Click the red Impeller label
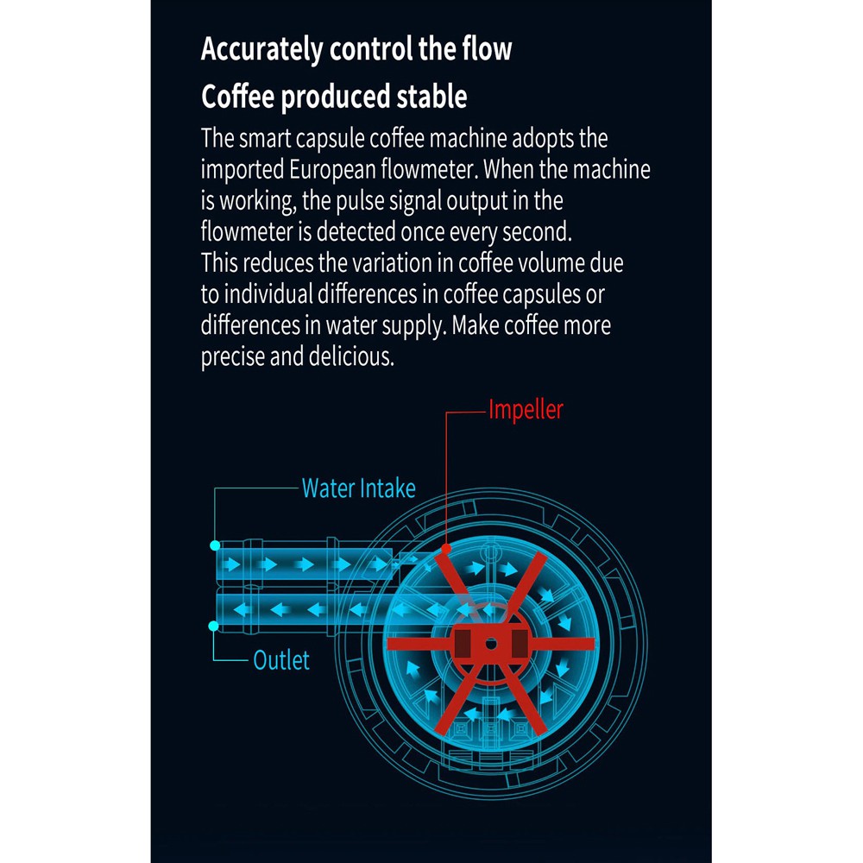pyautogui.click(x=526, y=409)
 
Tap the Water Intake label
pyautogui.click(x=358, y=488)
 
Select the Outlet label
pyautogui.click(x=281, y=661)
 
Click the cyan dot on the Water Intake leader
pyautogui.click(x=215, y=545)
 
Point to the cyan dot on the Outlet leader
pyautogui.click(x=215, y=624)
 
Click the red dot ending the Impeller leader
pyautogui.click(x=445, y=548)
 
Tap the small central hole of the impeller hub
pyautogui.click(x=490, y=644)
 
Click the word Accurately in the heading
pyautogui.click(x=262, y=49)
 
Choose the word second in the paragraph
pyautogui.click(x=539, y=232)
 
